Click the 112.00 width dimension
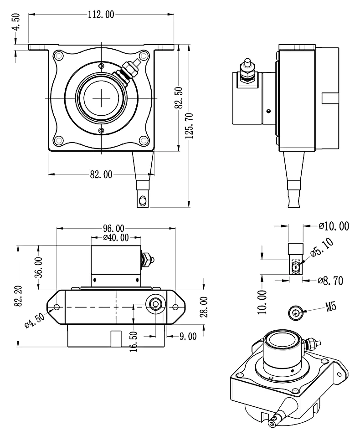point(101,15)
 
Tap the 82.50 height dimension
point(179,97)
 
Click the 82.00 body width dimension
point(101,174)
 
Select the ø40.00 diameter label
point(116,237)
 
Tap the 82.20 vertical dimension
point(18,296)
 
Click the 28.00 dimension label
point(204,307)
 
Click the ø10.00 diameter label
point(334,226)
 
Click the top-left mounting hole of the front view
point(58,56)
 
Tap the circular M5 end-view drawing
point(296,312)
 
